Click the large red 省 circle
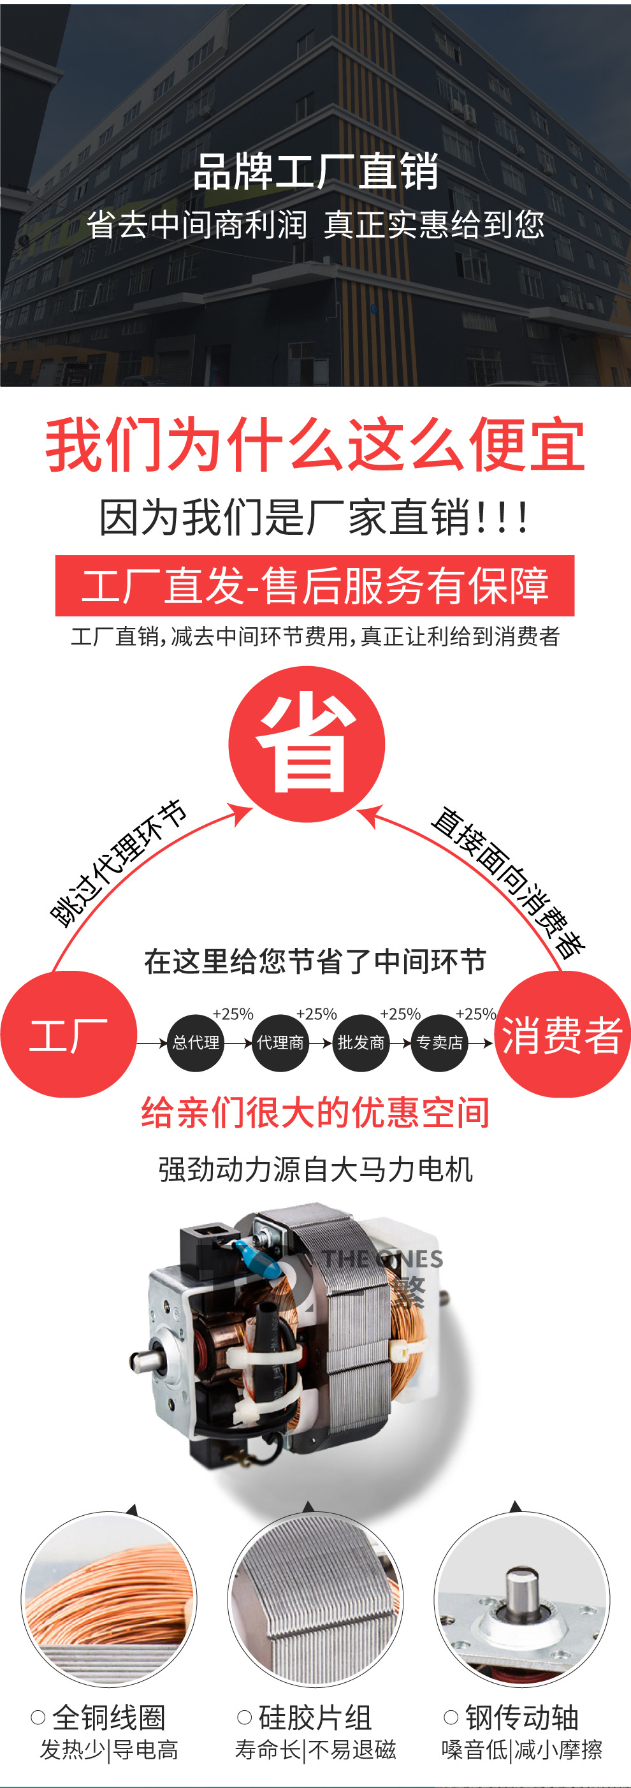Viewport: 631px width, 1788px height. (x=306, y=743)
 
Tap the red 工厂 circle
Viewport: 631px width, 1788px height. (x=68, y=1033)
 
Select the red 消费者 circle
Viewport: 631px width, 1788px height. (x=562, y=1033)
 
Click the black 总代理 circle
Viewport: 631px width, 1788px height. (x=196, y=1043)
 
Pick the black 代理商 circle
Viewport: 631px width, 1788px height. (x=280, y=1043)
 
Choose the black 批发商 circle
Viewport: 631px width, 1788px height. (x=361, y=1043)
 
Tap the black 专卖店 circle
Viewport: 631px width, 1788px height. (x=439, y=1043)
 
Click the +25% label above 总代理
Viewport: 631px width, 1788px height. (x=233, y=1014)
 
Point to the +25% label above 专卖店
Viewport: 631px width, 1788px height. (x=475, y=1014)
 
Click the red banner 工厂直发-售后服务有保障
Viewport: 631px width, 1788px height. (x=314, y=585)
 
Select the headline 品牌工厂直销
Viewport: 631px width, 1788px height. (x=315, y=171)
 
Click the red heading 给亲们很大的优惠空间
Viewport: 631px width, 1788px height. (x=315, y=1113)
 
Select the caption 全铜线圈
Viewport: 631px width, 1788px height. (x=109, y=1718)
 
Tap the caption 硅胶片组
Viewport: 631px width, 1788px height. (x=315, y=1718)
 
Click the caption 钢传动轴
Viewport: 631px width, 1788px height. (x=522, y=1718)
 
